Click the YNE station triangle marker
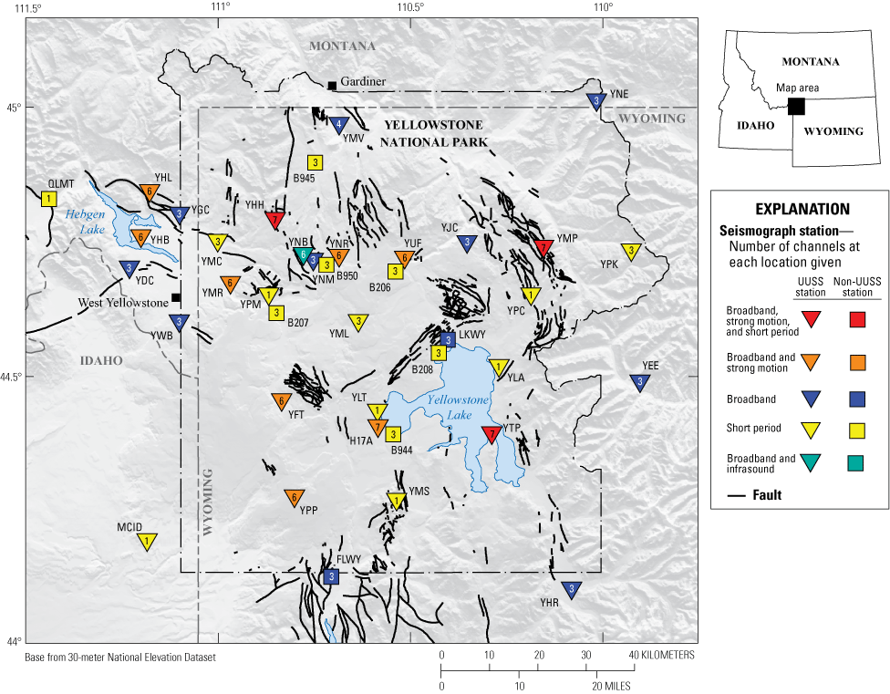pos(596,100)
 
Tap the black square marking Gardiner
pos(332,85)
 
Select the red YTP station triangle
pos(492,433)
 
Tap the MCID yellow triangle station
pos(146,541)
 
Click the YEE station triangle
pos(640,381)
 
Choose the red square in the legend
pos(856,319)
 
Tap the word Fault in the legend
pos(767,495)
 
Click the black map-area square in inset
pos(796,106)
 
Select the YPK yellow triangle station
pos(630,251)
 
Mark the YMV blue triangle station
pos(339,124)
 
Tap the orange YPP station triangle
pos(294,497)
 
